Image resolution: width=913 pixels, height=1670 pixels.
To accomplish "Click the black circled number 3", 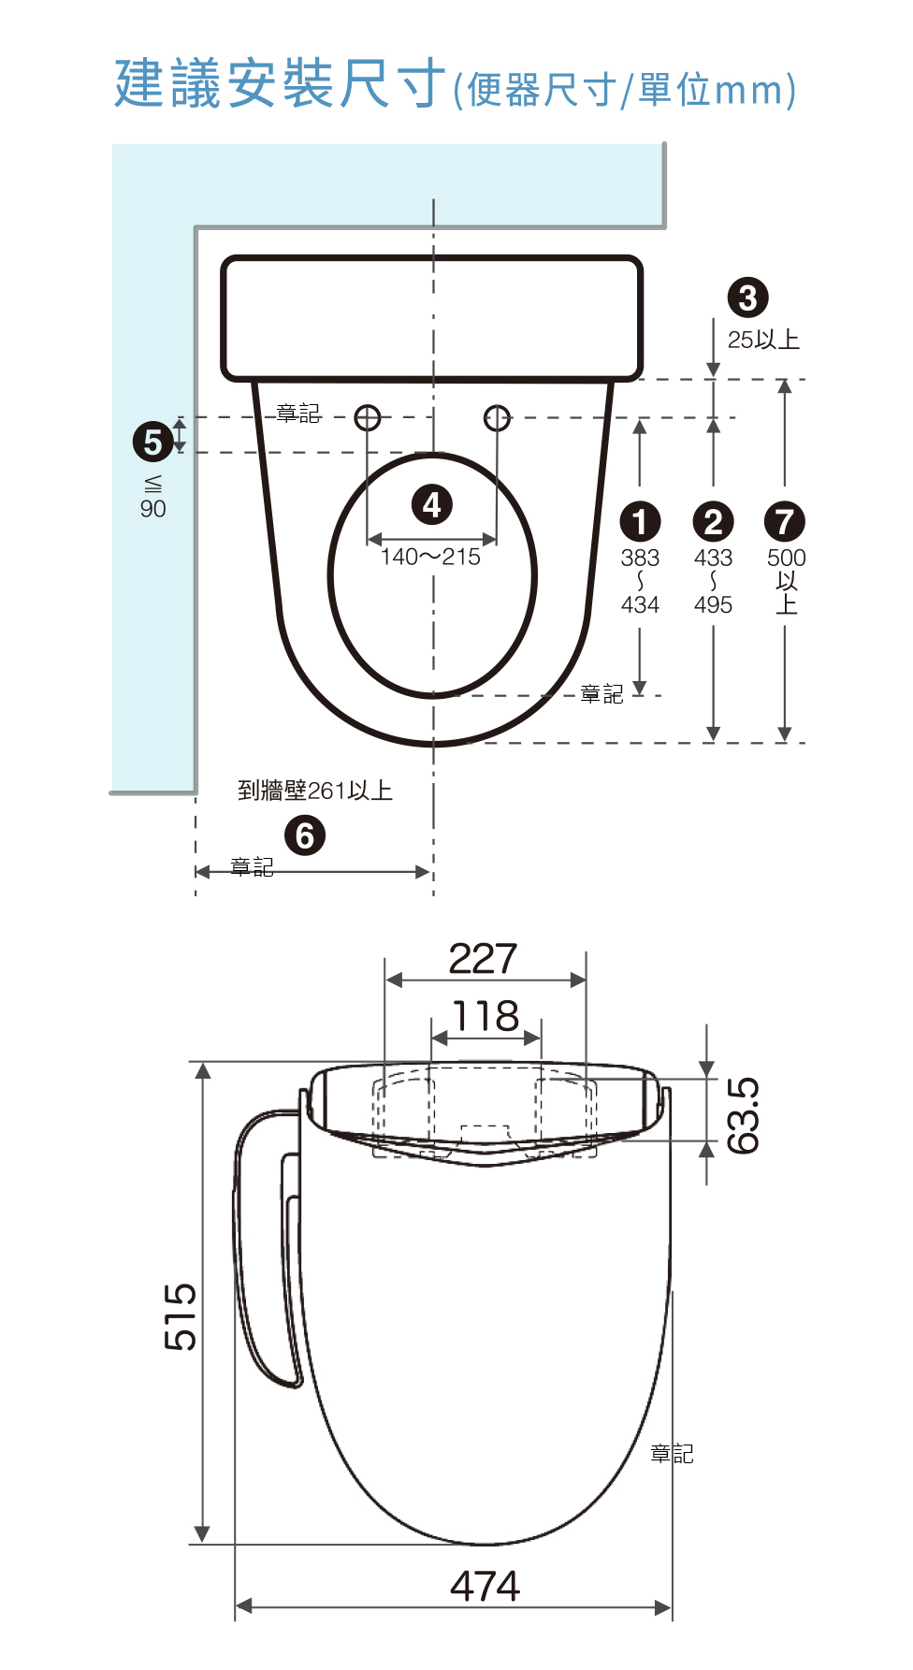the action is point(747,298).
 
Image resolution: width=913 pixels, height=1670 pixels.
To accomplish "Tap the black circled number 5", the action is point(152,442).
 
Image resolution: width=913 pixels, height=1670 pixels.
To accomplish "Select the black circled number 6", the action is point(305,835).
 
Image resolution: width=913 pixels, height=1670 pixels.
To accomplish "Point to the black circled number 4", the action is point(431,505).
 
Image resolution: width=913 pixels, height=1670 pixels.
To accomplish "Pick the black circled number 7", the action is point(785,522).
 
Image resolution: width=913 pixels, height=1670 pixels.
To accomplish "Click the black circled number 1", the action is point(640,522).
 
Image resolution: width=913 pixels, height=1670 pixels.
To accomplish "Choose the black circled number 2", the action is point(713,522).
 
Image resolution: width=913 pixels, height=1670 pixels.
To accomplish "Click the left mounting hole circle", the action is point(368,417).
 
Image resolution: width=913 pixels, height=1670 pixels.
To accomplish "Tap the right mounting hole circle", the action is point(497,417).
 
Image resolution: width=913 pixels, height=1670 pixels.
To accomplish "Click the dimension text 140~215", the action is point(430,558).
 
